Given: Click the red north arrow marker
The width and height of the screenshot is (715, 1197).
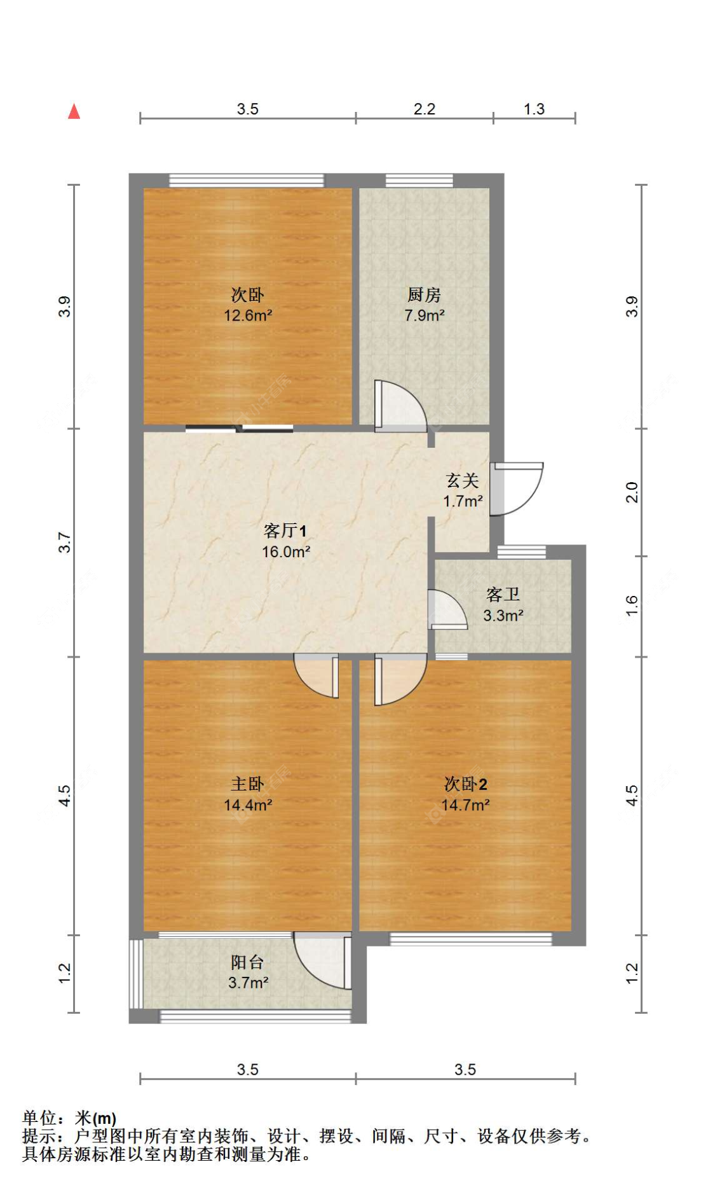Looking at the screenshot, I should click(x=74, y=111).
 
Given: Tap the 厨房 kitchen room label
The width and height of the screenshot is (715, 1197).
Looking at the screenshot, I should click(x=424, y=294).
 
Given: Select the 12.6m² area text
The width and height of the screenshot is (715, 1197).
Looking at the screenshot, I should click(x=248, y=315).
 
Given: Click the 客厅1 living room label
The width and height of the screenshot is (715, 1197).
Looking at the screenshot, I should click(x=285, y=530).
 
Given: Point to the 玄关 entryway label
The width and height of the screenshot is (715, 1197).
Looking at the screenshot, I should click(x=462, y=480).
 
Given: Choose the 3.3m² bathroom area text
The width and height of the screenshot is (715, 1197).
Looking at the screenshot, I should click(x=503, y=616).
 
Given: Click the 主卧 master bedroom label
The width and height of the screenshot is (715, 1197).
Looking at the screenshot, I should click(x=247, y=784).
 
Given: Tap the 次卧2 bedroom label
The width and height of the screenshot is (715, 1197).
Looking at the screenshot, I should click(x=465, y=784).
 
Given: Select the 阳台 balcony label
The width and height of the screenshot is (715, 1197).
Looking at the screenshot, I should click(x=247, y=962).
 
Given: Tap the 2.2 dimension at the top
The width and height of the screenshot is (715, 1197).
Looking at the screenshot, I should click(x=424, y=109).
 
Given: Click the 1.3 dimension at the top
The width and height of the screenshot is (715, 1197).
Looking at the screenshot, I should click(x=534, y=109).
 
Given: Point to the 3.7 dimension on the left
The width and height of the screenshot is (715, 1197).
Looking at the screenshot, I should click(x=65, y=543).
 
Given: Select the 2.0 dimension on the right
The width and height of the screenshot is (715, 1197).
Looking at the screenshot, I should click(x=631, y=492).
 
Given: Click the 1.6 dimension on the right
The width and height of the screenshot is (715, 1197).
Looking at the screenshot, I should click(x=631, y=605).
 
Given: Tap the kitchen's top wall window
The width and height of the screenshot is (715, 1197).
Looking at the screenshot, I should click(x=419, y=181).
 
